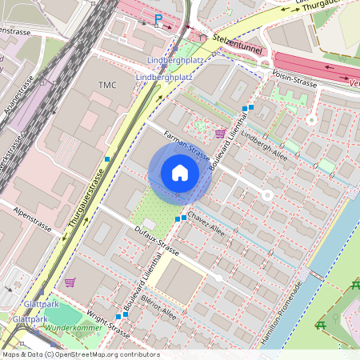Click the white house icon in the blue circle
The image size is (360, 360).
point(180,173)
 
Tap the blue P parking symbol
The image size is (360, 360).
point(158,18)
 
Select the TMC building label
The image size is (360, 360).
point(107,85)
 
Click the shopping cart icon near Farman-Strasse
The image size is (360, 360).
point(220,134)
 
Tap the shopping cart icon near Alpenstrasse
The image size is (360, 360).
point(70,282)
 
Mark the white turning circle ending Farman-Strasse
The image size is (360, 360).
point(267,194)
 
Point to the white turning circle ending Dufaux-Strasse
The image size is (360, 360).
point(218,278)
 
